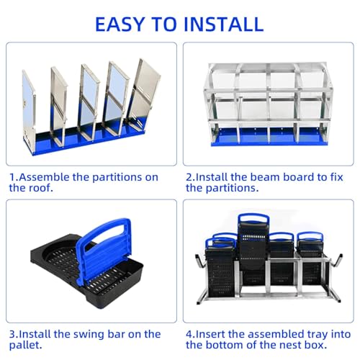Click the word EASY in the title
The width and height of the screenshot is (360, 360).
tap(128, 23)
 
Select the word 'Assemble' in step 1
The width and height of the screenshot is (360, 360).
tap(43, 176)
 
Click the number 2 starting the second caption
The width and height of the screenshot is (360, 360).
tap(189, 176)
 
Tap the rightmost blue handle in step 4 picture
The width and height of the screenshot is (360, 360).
tap(310, 238)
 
